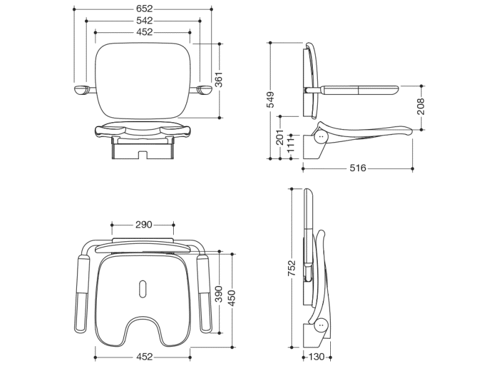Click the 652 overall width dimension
pyautogui.click(x=143, y=9)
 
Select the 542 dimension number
pyautogui.click(x=143, y=20)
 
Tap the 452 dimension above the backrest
pyautogui.click(x=143, y=32)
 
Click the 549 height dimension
pyautogui.click(x=271, y=100)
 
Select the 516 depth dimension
pyautogui.click(x=357, y=167)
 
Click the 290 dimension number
pyautogui.click(x=143, y=225)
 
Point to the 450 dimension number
pyautogui.click(x=232, y=298)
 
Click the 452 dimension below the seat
pyautogui.click(x=143, y=357)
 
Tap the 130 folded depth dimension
pyautogui.click(x=317, y=357)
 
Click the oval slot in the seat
pyautogui.click(x=143, y=287)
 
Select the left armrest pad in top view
pyautogui.click(x=82, y=291)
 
